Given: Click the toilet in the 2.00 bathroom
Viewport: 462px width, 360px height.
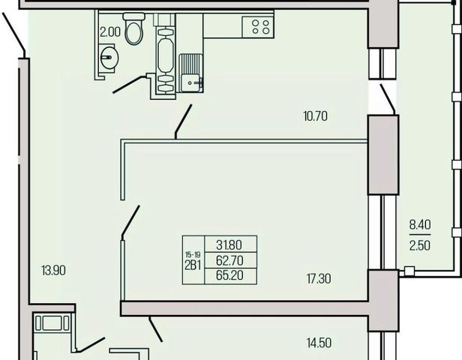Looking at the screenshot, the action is click(134, 28).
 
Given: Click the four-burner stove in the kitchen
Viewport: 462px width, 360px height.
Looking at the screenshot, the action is click(258, 27).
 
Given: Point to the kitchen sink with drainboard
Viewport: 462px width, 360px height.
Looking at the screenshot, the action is click(190, 73).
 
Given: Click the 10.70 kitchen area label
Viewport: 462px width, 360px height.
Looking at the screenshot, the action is click(315, 116).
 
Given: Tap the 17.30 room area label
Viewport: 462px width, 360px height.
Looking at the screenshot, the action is click(319, 278).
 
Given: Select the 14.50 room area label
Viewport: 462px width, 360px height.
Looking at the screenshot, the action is click(319, 343).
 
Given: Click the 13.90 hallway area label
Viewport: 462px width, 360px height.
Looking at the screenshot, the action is click(54, 271).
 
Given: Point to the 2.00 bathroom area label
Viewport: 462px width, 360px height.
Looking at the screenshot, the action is click(110, 32).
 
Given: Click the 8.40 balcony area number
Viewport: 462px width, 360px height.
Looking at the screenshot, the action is click(420, 225).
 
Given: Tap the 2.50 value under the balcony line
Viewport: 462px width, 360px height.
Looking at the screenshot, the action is click(420, 245).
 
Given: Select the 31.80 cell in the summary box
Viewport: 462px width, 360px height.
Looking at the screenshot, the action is click(229, 244).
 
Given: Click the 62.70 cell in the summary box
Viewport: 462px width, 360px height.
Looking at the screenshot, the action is click(229, 260).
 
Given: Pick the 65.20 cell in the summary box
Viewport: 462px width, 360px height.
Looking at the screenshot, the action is click(229, 275).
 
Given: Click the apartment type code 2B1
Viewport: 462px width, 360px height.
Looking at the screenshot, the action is click(193, 265).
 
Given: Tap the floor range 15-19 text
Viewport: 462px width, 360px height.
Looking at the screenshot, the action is click(193, 255).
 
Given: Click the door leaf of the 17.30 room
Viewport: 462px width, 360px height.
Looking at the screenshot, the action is click(130, 220).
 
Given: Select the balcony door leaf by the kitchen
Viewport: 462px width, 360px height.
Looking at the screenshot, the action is click(388, 99).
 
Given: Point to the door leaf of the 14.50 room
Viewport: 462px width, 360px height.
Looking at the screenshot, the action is click(155, 329).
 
